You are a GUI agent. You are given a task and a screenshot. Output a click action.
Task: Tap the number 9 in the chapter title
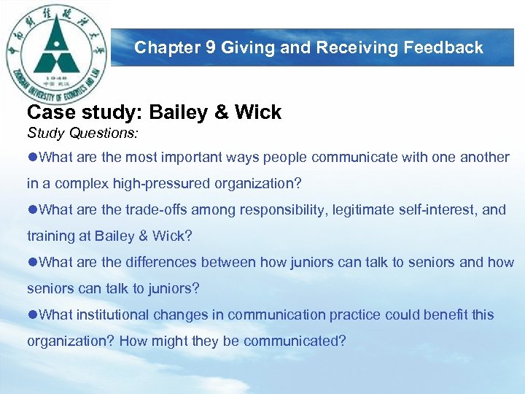211,47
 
